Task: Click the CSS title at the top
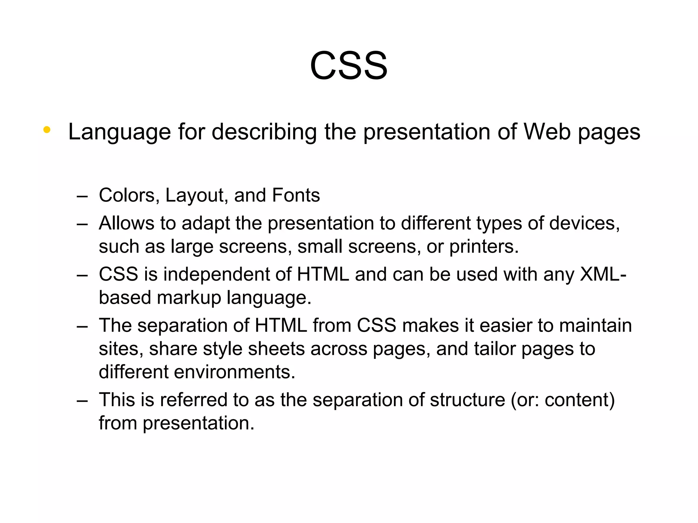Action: tap(348, 65)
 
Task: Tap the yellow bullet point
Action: tap(47, 130)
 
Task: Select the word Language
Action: tap(119, 132)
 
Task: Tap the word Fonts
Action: tap(296, 195)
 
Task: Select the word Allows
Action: tap(126, 223)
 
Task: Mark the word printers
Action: tap(484, 247)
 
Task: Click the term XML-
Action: tap(603, 274)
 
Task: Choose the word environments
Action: tap(234, 372)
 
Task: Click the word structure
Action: tap(467, 400)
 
